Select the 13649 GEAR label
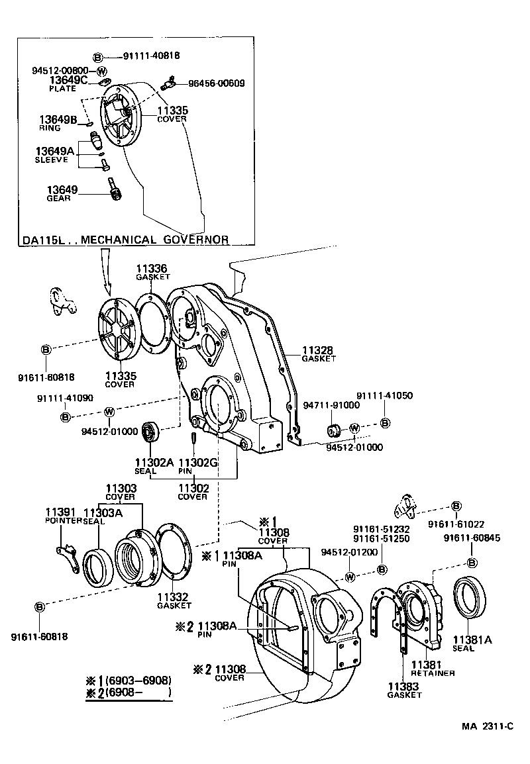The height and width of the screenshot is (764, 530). tap(62, 193)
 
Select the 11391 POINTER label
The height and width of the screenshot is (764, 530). tap(63, 516)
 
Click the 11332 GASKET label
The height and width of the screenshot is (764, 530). tap(174, 600)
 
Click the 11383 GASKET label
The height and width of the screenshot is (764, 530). tap(404, 690)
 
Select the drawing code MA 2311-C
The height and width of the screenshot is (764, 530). tap(488, 726)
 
